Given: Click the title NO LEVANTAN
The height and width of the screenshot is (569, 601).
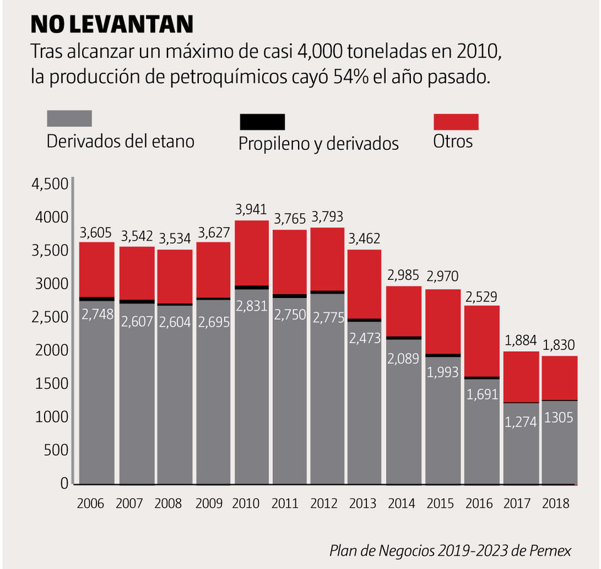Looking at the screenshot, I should tap(112, 24).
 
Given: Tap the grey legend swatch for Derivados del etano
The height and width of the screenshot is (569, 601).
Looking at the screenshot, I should tap(70, 118).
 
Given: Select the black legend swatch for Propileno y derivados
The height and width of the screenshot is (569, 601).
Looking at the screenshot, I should tap(262, 121).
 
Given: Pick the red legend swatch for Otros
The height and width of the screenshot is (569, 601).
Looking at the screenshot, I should tap(456, 121).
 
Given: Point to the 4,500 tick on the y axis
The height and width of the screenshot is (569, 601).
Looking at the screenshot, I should tap(49, 184).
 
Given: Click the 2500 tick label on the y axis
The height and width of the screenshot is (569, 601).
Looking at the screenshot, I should tap(49, 317).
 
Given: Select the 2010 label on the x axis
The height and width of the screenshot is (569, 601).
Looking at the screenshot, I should tap(246, 504).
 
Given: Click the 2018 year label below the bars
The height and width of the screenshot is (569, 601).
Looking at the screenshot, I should tap(556, 504).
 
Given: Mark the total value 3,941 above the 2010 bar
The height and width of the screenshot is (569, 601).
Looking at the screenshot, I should tap(250, 209).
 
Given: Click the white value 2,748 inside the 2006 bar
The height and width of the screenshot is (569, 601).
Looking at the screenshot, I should tap(97, 314).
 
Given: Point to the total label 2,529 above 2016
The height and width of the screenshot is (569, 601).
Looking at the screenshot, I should tap(481, 295).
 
